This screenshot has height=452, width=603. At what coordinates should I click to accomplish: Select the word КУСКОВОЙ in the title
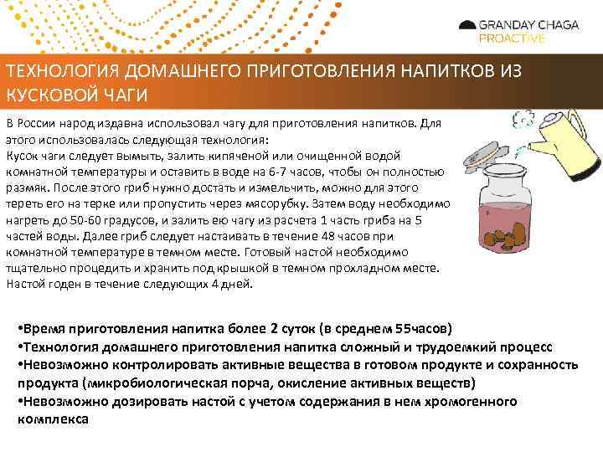49,92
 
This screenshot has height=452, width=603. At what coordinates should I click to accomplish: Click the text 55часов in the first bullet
424,327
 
